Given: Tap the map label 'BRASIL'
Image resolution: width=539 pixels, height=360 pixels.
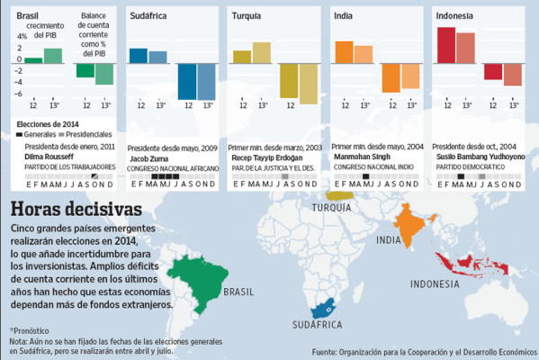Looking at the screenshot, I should (239, 292).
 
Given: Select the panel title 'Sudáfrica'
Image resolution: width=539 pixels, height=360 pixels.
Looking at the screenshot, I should (149, 15).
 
